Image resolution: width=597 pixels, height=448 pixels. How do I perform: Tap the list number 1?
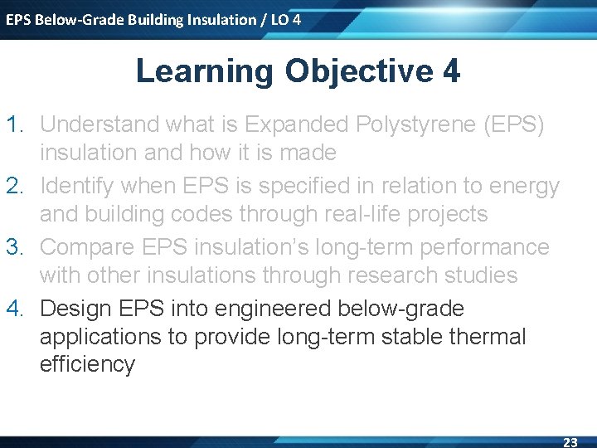(x=14, y=124)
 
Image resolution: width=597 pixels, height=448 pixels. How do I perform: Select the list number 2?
(x=14, y=186)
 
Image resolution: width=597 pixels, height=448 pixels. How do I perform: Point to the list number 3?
(x=14, y=247)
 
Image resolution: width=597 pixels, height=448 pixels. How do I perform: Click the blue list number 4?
(x=14, y=308)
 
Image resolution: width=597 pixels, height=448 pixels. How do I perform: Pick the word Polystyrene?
(x=415, y=125)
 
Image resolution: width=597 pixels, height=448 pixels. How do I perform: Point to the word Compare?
(x=87, y=248)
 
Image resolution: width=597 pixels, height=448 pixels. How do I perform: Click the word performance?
(x=485, y=248)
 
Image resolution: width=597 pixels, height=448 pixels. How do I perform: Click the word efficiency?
(x=88, y=365)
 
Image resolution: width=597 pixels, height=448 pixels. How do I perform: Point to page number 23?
(x=570, y=442)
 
